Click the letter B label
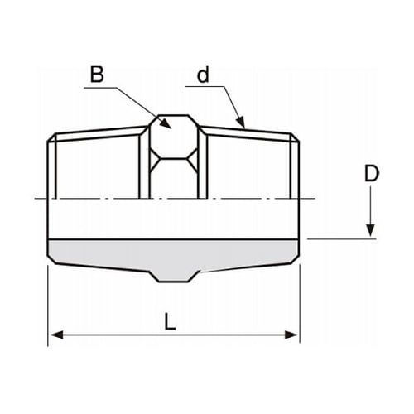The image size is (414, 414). click(97, 75)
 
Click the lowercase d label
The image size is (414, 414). click(202, 75)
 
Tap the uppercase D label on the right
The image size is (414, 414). click(373, 175)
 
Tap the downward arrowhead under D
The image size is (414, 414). click(372, 232)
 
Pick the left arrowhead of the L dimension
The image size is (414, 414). click(55, 335)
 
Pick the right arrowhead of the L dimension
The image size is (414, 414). click(293, 335)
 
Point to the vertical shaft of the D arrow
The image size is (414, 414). click(372, 207)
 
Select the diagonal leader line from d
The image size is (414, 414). click(229, 103)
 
